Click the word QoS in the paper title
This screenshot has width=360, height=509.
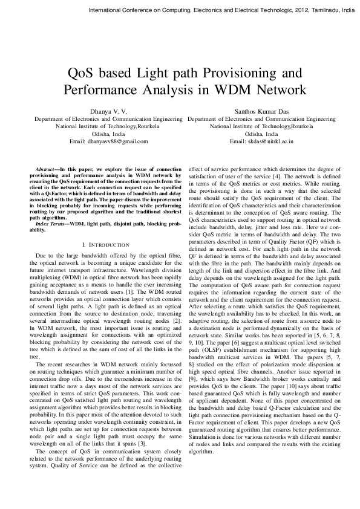(x=87, y=74)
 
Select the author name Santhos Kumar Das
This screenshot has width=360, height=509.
(x=261, y=112)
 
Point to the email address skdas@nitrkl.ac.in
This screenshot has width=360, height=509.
(x=261, y=141)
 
